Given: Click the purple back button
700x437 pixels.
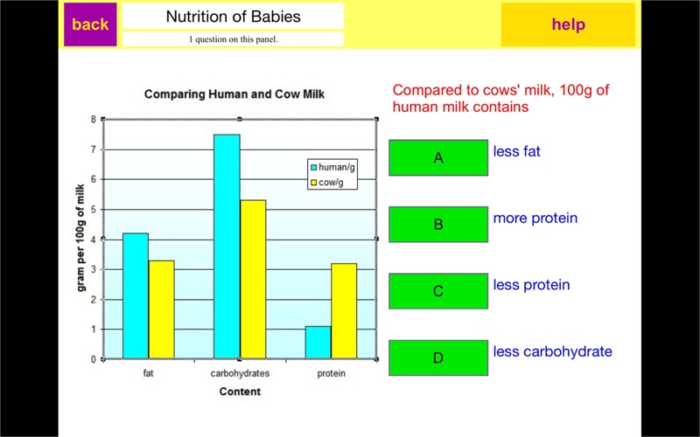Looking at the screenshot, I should click(x=90, y=24).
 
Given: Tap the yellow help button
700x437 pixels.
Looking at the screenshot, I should click(x=568, y=24).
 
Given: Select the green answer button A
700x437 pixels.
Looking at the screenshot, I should click(x=438, y=158).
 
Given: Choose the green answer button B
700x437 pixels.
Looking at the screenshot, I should click(x=438, y=225).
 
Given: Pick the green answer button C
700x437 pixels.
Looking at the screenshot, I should click(x=438, y=291).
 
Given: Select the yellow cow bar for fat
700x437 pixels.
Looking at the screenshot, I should click(x=161, y=309).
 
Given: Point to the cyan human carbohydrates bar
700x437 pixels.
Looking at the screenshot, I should click(x=227, y=246).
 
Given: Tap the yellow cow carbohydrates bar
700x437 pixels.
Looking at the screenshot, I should click(x=252, y=279).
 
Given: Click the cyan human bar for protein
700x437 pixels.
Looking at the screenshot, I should click(x=318, y=342).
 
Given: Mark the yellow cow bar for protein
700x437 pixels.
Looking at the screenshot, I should click(x=344, y=310).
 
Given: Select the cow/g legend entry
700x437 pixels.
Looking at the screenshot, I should click(x=331, y=183).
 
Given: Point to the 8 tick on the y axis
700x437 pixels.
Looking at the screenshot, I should click(x=94, y=119).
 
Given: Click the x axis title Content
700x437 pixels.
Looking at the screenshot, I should click(x=239, y=392).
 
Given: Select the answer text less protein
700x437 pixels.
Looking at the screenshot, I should click(x=531, y=285).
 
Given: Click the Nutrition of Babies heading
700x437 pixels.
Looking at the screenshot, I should click(x=233, y=17).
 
